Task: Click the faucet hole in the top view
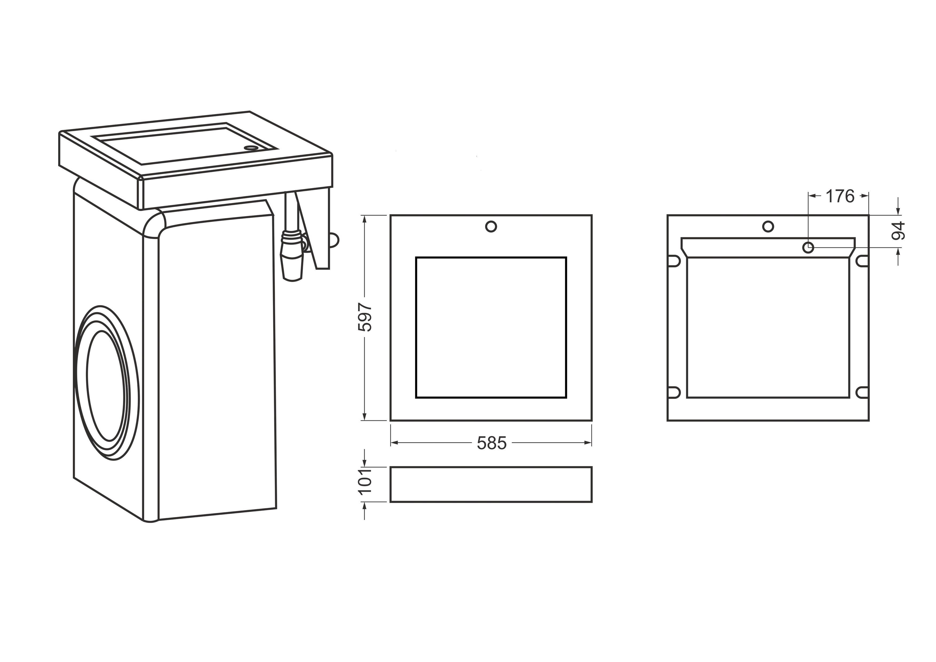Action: click(x=491, y=226)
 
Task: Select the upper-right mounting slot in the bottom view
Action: click(x=862, y=261)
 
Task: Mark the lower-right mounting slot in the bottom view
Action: click(x=862, y=392)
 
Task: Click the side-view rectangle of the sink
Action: click(x=491, y=484)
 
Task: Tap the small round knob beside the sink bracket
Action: click(x=334, y=240)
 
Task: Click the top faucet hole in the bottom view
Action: click(x=768, y=226)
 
